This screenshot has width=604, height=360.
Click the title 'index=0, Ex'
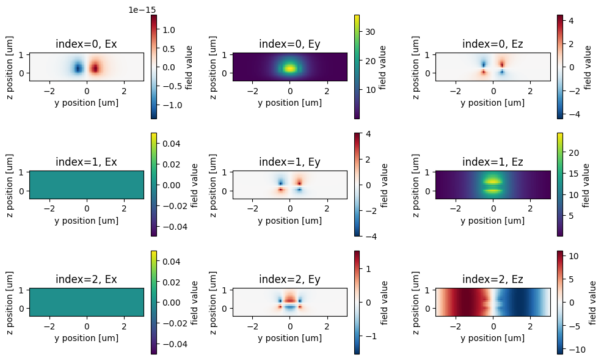point(86,44)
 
